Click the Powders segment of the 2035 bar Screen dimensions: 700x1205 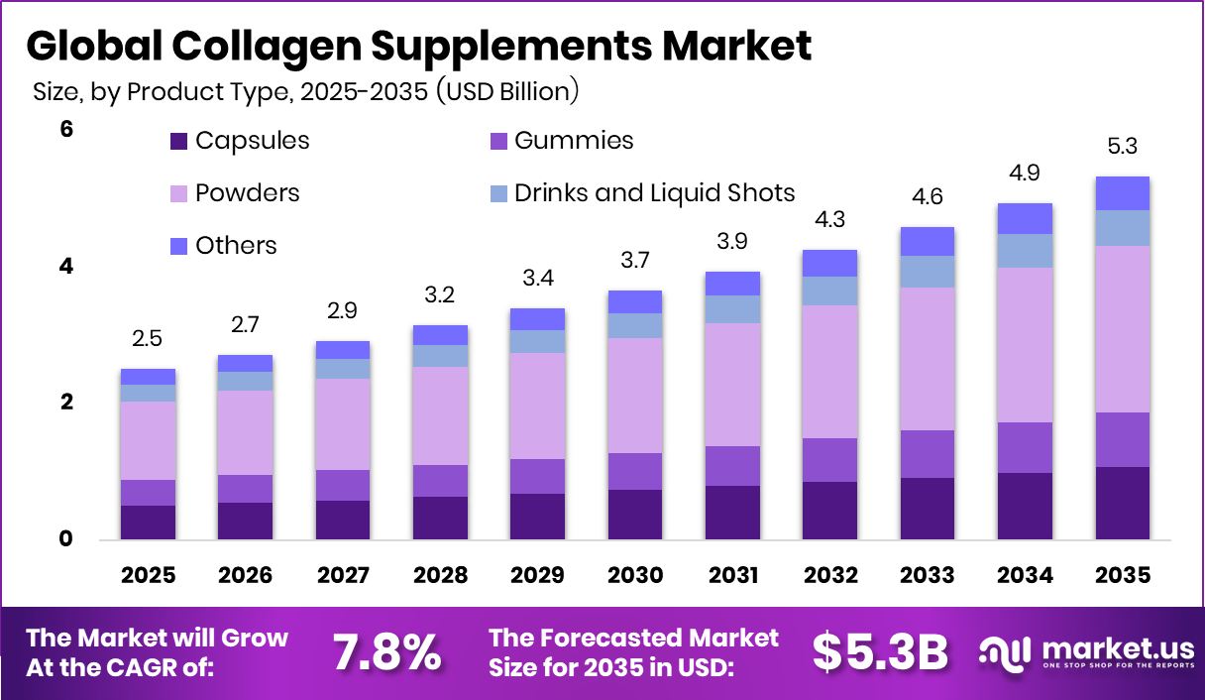click(x=1122, y=328)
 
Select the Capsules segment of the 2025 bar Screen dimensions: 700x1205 click(x=148, y=523)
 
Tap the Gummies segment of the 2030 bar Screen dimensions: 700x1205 click(x=634, y=471)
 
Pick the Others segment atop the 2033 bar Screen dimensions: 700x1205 click(x=927, y=241)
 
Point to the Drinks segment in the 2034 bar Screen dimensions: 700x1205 click(x=1025, y=251)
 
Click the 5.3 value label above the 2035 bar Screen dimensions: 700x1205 click(x=1122, y=147)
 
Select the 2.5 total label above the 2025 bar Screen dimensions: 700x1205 click(x=148, y=340)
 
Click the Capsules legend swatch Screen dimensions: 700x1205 click(x=178, y=141)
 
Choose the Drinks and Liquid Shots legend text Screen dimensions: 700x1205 click(x=654, y=192)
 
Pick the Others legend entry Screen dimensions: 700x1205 click(x=236, y=245)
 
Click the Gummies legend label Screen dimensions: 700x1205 click(x=574, y=141)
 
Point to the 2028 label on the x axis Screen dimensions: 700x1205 click(x=440, y=576)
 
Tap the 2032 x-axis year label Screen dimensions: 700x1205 click(x=829, y=576)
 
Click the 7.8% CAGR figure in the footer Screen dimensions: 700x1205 click(x=385, y=651)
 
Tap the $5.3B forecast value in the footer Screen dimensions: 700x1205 click(x=880, y=651)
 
